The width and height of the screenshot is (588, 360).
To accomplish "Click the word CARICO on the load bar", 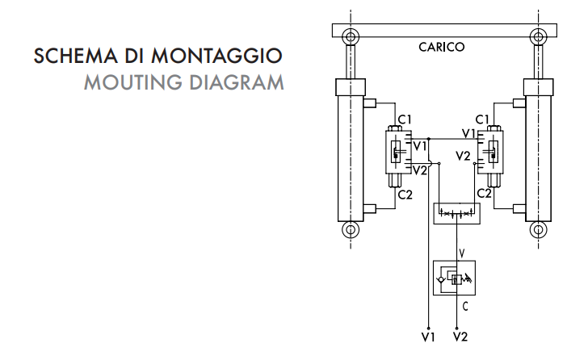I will point(441,48).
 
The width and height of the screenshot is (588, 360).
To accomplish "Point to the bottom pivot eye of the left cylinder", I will point(350,230).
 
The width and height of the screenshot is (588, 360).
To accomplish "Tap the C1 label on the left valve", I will point(405,119).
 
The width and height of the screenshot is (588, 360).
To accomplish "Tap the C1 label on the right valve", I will point(482,119).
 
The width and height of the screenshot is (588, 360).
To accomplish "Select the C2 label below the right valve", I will point(485,193).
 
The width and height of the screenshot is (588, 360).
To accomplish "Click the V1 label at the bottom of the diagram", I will point(427,335).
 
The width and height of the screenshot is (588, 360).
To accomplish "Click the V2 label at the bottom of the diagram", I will point(460,335).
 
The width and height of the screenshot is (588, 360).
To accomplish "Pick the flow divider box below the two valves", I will point(457,214).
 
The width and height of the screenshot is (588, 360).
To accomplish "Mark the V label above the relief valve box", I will point(461,253).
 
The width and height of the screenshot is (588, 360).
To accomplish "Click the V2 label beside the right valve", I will point(462,156).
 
